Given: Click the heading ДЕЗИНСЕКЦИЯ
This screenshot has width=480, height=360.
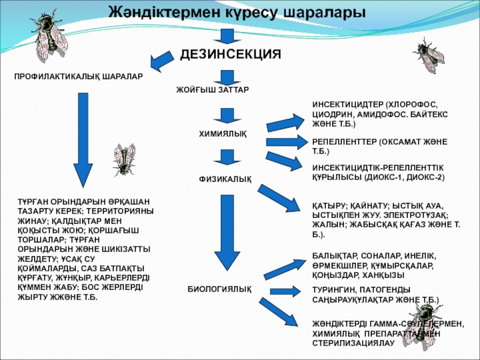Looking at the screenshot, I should (230, 54).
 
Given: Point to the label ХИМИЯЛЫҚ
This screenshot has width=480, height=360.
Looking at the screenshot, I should (222, 133).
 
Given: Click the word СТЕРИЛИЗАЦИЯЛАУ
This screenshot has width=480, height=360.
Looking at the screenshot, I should (350, 343).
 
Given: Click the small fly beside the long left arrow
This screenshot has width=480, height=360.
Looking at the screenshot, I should (125, 158).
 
